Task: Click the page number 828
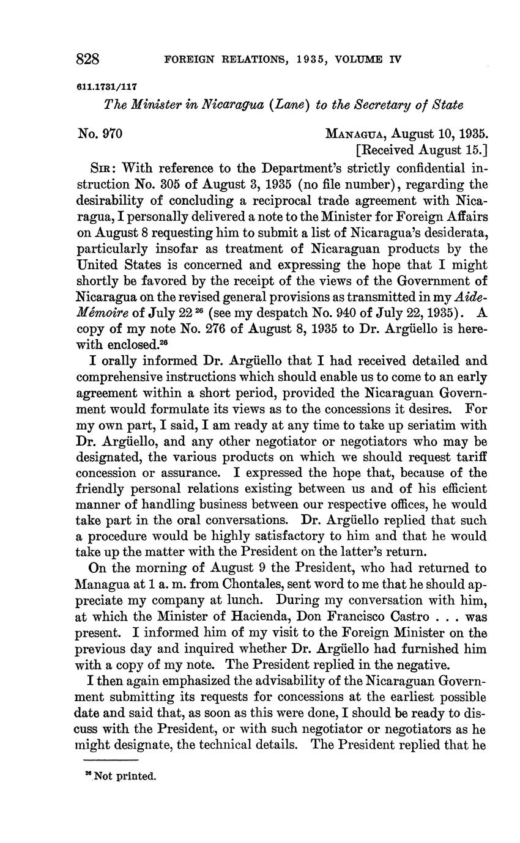coord(88,59)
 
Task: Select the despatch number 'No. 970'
coord(101,133)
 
